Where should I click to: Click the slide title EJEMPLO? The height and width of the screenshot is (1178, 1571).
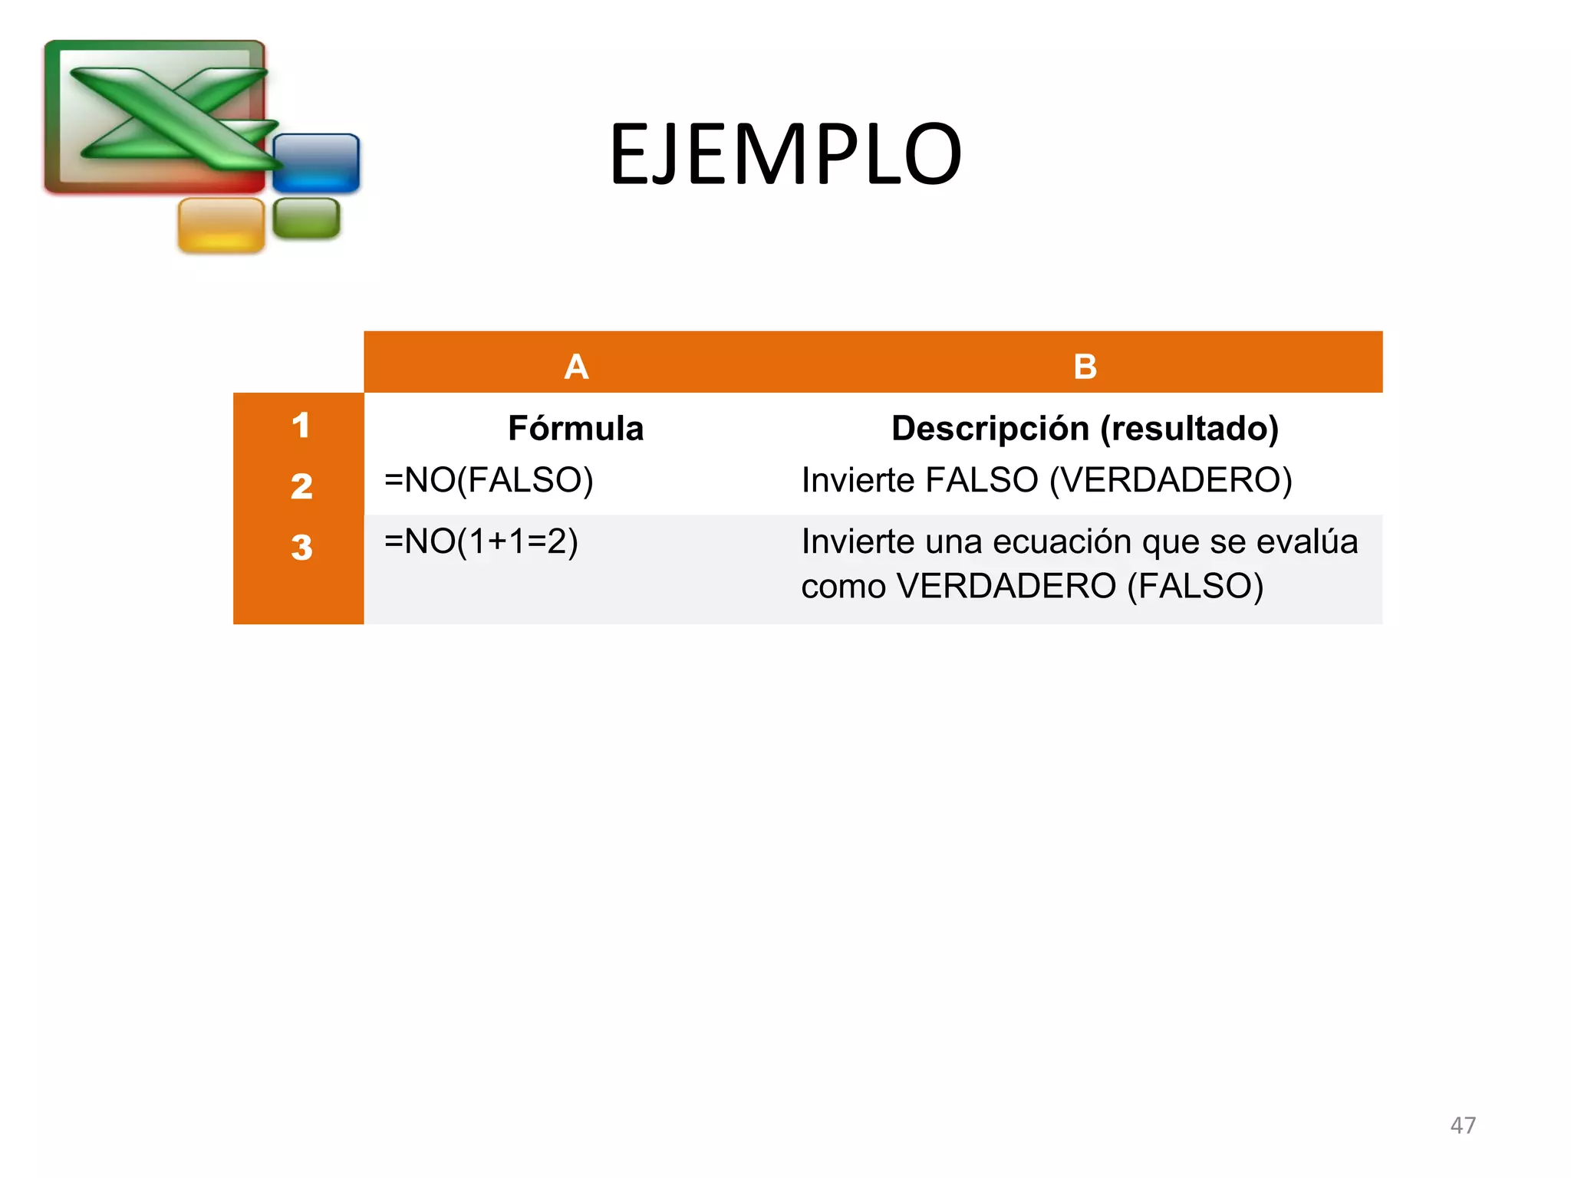click(785, 155)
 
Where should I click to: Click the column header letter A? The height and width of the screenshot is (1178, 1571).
click(576, 367)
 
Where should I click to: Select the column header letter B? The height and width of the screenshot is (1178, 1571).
click(1085, 367)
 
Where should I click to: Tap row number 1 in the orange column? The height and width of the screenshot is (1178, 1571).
click(301, 426)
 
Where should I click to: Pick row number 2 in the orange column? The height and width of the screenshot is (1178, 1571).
click(301, 486)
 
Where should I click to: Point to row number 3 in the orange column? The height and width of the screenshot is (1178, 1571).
click(301, 548)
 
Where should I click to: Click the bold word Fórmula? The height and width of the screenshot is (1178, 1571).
click(575, 428)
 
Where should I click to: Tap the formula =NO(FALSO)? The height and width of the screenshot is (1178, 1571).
click(489, 481)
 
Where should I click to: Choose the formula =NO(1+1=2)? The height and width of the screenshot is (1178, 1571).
click(481, 542)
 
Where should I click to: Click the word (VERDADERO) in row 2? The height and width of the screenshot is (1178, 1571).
click(1171, 481)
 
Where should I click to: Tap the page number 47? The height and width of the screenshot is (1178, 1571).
click(1463, 1125)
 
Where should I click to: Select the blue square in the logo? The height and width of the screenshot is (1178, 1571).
click(316, 163)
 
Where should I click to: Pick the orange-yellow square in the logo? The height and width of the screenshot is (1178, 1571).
click(221, 225)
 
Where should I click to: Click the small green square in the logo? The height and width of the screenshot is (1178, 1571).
click(306, 218)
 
